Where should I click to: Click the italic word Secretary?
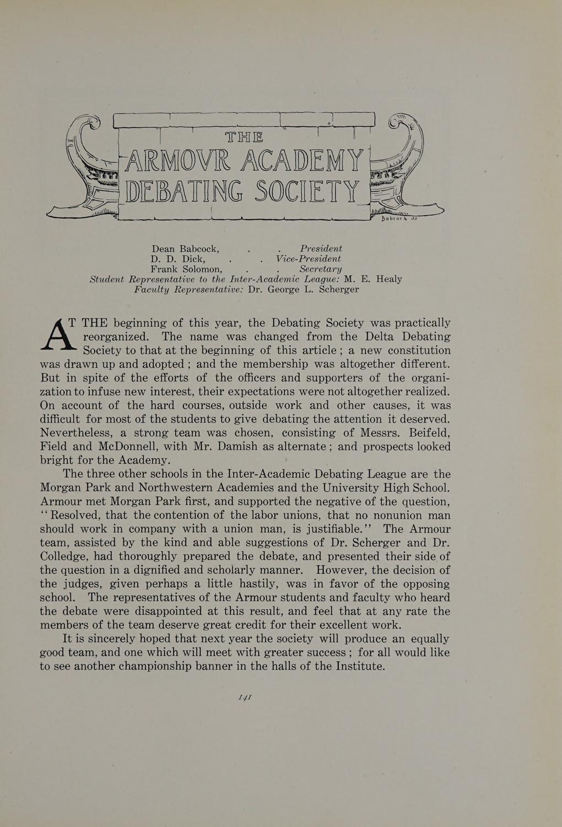tap(321, 269)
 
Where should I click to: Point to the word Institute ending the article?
tap(359, 666)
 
